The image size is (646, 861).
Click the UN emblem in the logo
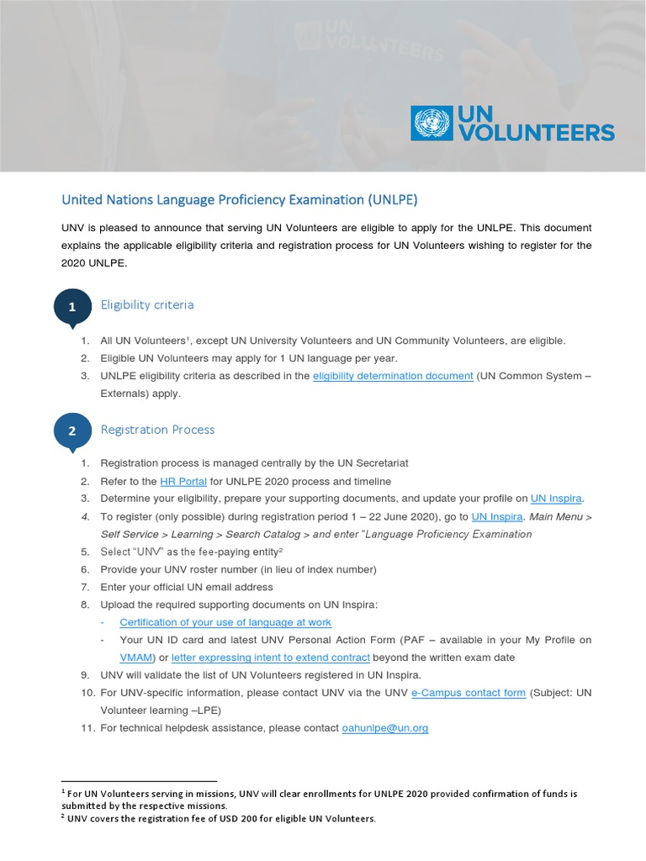[432, 123]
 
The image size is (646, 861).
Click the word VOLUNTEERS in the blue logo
[536, 132]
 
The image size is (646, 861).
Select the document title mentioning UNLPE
[239, 200]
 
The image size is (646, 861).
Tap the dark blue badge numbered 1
[72, 307]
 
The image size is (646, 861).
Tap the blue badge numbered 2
[72, 431]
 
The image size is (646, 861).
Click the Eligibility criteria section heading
[147, 304]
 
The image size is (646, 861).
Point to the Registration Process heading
[157, 430]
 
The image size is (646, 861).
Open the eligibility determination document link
[393, 376]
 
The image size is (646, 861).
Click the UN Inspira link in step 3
[556, 499]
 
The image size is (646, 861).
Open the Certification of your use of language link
[225, 622]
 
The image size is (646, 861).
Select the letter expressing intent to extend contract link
[271, 658]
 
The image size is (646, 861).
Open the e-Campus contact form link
[469, 693]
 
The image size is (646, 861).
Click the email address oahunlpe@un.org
[385, 728]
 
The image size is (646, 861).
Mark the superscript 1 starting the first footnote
[64, 791]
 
